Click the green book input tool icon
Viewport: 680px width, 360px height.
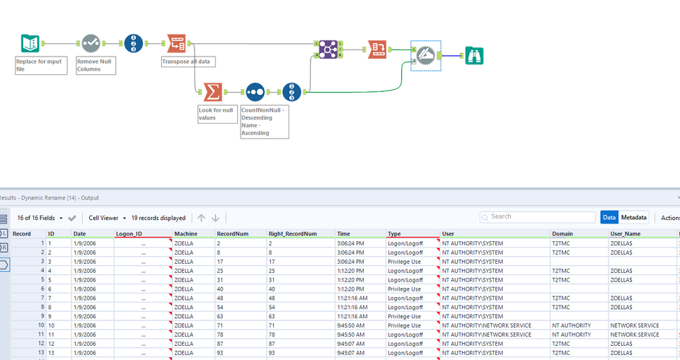30,44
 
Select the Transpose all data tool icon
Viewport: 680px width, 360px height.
177,44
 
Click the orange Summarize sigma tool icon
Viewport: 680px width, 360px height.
212,92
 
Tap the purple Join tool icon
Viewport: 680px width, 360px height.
327,48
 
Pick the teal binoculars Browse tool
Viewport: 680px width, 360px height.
474,54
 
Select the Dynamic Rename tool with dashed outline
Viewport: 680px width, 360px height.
425,54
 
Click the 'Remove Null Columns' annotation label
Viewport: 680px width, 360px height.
94,65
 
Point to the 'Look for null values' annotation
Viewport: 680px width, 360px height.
217,114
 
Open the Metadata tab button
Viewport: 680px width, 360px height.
634,218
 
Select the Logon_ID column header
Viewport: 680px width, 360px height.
129,233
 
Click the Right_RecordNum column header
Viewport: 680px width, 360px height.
292,233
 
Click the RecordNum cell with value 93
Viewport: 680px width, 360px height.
223,353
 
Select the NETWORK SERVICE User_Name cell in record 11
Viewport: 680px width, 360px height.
634,335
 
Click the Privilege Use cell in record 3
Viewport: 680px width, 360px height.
405,261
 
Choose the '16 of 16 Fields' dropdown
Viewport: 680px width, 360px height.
40,218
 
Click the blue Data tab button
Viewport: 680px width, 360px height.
609,218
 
